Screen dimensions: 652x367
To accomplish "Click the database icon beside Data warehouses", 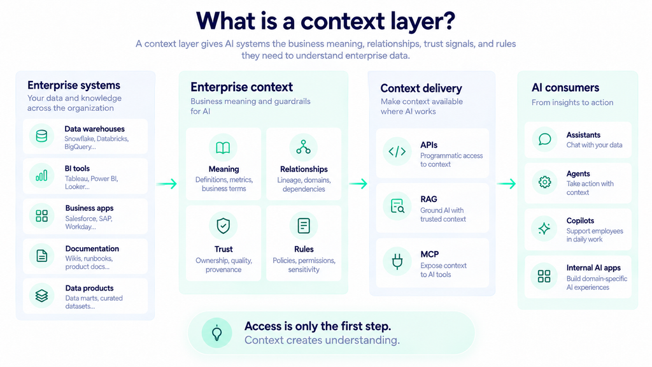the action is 41,136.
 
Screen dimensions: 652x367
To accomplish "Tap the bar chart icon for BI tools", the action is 41,176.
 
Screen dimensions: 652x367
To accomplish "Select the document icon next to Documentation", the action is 41,255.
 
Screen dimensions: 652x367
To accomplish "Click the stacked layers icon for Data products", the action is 41,296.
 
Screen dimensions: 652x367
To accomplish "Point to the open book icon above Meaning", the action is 223,148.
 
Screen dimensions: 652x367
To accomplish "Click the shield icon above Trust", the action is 223,226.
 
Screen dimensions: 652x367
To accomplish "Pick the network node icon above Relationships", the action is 304,147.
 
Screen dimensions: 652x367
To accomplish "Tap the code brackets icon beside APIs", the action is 397,152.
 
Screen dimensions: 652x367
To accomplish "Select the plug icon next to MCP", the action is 397,261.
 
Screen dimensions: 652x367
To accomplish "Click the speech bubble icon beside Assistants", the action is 544,139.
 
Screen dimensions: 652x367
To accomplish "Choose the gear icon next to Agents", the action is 544,182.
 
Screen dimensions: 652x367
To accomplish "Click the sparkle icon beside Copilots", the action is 544,229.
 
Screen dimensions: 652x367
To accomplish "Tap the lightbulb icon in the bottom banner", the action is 216,333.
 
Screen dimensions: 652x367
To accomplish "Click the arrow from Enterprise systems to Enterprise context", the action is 167,183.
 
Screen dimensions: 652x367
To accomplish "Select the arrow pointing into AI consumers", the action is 506,183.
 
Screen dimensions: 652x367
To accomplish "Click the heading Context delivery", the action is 422,88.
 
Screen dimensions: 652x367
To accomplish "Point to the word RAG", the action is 429,199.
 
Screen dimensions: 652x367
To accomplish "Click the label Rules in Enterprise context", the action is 304,249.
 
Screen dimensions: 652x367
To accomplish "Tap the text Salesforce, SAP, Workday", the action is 89,222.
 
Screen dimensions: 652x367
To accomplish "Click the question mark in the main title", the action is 448,20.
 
